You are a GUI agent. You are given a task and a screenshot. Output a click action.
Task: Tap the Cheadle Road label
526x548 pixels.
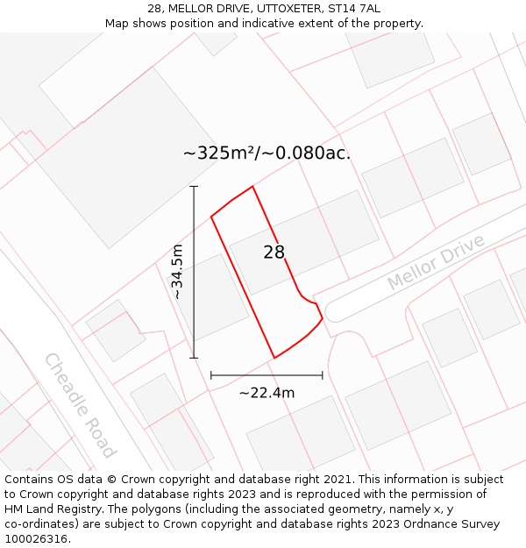80,405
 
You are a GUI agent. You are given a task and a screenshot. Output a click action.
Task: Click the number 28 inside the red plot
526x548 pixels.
274,253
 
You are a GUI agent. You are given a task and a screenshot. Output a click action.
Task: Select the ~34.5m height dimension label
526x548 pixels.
177,272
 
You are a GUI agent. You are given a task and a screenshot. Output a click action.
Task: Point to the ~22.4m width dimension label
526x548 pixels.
267,393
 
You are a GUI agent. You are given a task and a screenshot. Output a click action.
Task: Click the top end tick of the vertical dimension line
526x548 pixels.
194,187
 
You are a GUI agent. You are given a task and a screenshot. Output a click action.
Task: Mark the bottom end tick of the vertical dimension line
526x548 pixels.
194,358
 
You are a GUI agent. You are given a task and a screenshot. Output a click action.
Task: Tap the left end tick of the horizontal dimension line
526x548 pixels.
211,375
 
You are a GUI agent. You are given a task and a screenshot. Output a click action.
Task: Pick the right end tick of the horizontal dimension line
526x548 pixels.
323,375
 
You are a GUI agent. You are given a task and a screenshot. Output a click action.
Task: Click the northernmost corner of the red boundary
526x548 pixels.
252,187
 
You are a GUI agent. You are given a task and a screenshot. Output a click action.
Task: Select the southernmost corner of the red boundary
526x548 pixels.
274,358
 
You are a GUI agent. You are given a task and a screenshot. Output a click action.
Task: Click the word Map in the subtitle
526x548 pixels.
118,24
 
